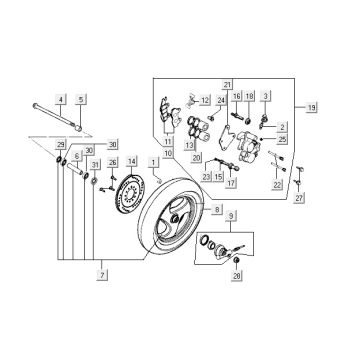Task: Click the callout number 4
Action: (59, 98)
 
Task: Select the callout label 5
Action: (81, 98)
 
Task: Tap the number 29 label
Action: (59, 146)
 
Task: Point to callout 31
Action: (95, 164)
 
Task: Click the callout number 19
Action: (311, 106)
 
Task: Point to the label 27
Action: (299, 199)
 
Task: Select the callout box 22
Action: (277, 186)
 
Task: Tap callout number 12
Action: (204, 102)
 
